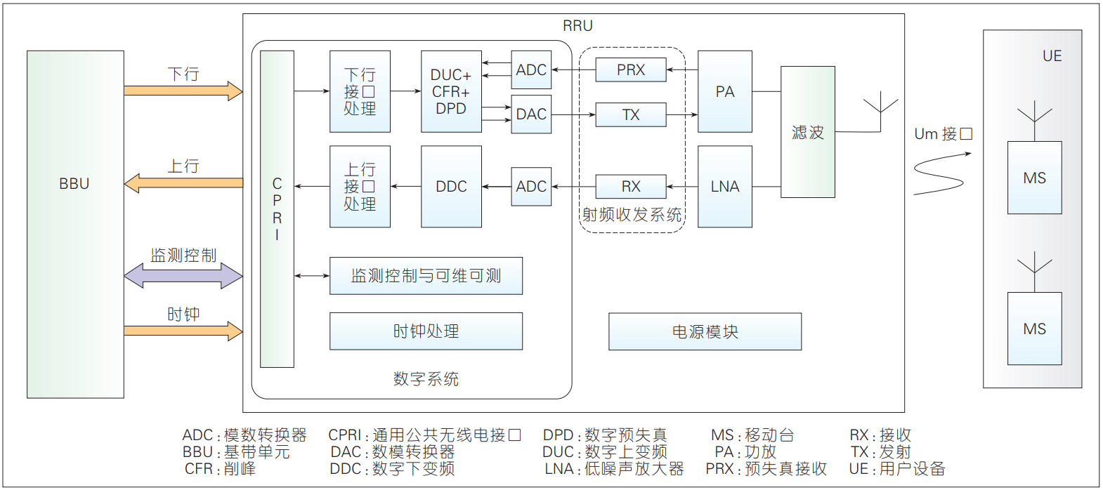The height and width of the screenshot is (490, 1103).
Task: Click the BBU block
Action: pos(75,225)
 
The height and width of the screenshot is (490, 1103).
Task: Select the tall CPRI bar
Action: pos(278,209)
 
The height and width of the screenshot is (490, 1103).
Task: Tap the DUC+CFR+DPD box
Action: pos(451,91)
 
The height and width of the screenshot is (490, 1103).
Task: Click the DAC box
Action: pos(531,114)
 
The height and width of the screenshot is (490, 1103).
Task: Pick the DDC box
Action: pos(451,187)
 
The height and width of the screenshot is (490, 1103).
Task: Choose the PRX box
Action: pos(631,70)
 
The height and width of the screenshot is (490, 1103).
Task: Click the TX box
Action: pos(631,114)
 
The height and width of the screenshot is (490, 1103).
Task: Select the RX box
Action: pos(631,187)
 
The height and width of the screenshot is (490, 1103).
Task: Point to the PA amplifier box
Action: pos(725,91)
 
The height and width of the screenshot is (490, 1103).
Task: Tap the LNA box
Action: pos(725,187)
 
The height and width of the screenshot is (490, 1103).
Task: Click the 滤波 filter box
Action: pos(807,132)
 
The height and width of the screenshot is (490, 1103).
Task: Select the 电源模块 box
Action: pos(705,331)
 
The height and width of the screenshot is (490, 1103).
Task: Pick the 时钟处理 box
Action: pos(426,331)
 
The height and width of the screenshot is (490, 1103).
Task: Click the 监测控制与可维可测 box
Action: pos(426,276)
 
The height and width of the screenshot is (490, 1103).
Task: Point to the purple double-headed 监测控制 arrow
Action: pos(183,275)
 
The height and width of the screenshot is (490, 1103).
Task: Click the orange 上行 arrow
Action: pos(183,183)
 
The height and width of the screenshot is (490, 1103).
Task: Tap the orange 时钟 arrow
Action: pos(183,331)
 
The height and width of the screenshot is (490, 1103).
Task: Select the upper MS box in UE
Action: pos(1034,178)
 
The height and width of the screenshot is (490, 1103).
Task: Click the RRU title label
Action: pos(577,25)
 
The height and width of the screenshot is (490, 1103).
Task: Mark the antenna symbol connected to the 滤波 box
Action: pos(880,115)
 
